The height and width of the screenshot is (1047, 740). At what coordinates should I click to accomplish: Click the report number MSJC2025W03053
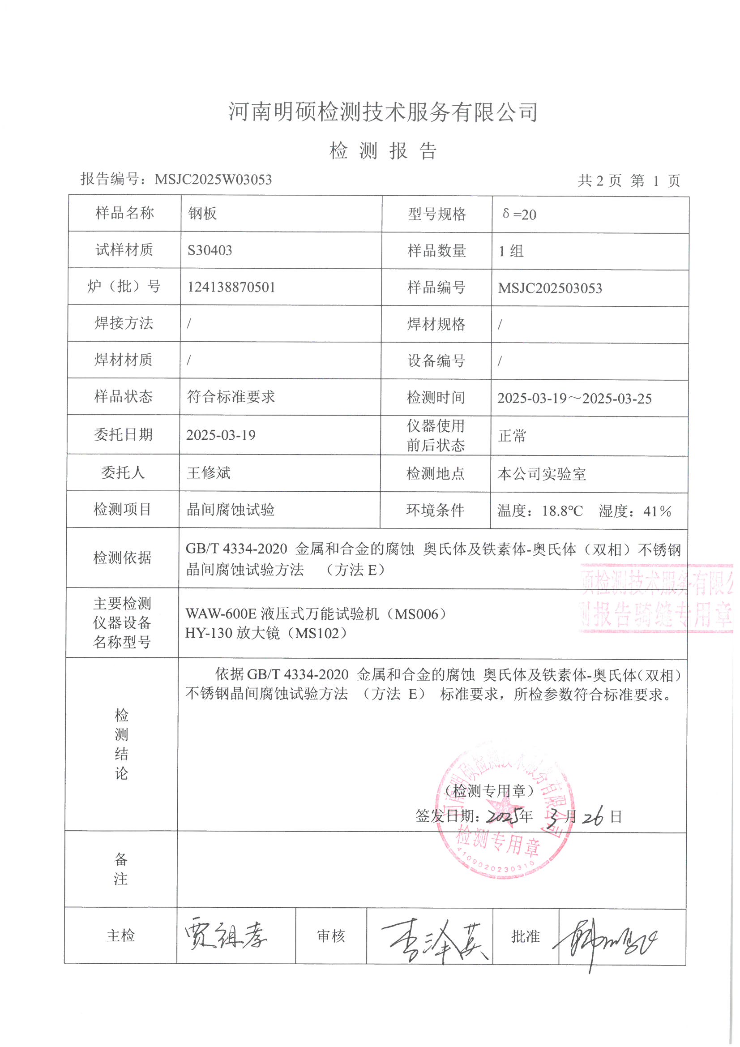(213, 179)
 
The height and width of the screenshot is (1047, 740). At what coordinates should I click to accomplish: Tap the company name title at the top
(383, 112)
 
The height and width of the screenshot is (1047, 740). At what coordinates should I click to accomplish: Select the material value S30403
(210, 250)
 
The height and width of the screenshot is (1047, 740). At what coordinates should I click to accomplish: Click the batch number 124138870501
(231, 287)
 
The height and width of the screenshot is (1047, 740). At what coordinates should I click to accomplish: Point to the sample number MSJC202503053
(550, 288)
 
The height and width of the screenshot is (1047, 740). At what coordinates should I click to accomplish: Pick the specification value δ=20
(519, 215)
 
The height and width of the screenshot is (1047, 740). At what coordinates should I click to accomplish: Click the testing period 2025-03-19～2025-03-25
(574, 399)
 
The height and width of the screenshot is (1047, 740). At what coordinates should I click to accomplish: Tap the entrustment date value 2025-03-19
(221, 435)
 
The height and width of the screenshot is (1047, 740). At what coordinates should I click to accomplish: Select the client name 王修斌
(208, 473)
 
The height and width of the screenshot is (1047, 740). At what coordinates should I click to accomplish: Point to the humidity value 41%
(657, 511)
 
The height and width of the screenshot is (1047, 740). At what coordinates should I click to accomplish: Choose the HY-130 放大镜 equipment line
(266, 633)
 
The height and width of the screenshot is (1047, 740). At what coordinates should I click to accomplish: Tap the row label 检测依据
(122, 558)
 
